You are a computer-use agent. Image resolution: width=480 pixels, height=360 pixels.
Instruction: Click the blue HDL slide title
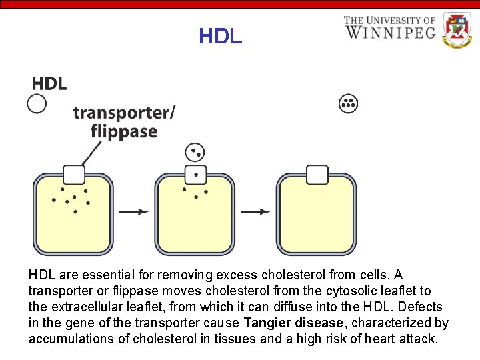220,36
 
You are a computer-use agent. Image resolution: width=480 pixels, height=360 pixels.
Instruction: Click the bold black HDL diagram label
49,83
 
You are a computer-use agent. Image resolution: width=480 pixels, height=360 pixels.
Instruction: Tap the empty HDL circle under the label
37,103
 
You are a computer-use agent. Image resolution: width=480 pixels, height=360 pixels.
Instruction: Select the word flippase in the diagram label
124,131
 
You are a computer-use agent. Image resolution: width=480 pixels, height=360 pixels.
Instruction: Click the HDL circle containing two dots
195,153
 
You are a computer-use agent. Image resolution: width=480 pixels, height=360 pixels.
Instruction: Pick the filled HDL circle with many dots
349,103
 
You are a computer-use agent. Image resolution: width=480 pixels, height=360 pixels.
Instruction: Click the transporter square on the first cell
73,175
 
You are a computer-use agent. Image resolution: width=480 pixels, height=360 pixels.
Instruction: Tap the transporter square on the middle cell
195,175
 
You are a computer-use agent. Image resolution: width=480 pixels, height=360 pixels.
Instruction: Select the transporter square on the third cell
317,175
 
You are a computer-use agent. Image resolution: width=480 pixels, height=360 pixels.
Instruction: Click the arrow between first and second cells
134,212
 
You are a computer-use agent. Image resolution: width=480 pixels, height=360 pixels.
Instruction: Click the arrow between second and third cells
255,212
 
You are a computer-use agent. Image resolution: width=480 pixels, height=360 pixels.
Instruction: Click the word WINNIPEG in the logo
390,32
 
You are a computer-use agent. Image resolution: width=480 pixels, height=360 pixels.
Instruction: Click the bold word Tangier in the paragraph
267,323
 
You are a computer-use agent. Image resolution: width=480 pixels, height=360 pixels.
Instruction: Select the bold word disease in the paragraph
320,323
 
